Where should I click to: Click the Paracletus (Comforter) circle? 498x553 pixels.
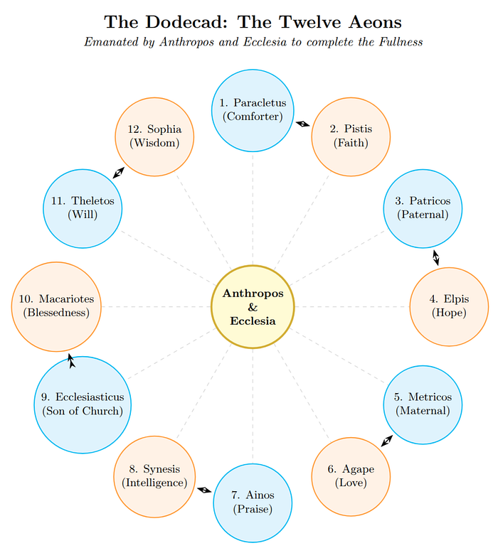(253, 110)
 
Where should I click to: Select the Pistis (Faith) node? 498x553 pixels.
(351, 135)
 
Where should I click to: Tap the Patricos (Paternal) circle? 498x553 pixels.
(423, 208)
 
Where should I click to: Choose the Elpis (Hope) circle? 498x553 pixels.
(449, 306)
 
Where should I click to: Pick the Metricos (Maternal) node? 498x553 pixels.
(423, 404)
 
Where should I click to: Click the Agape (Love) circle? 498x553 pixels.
(351, 476)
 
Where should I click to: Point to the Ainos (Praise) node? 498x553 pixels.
(253, 502)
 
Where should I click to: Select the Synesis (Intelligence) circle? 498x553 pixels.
(154, 476)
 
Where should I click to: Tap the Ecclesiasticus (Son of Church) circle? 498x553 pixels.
(83, 404)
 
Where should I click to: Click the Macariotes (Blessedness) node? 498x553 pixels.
(57, 306)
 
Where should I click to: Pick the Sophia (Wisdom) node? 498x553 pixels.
(154, 135)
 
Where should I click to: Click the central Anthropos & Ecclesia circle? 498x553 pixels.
(253, 306)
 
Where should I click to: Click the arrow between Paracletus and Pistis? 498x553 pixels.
(302, 123)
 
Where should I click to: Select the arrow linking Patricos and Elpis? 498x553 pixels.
(435, 257)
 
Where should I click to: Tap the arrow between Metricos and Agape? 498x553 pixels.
(386, 440)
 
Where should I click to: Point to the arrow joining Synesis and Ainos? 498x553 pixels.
(203, 489)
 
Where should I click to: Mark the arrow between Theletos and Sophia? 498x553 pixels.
(119, 172)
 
